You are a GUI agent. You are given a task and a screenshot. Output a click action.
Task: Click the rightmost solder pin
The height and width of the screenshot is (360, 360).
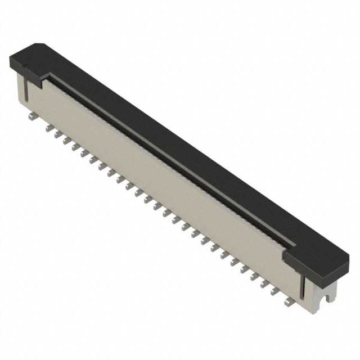pyautogui.click(x=290, y=303)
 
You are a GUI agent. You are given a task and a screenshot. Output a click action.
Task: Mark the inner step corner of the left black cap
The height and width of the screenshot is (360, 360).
pyautogui.click(x=43, y=79)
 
